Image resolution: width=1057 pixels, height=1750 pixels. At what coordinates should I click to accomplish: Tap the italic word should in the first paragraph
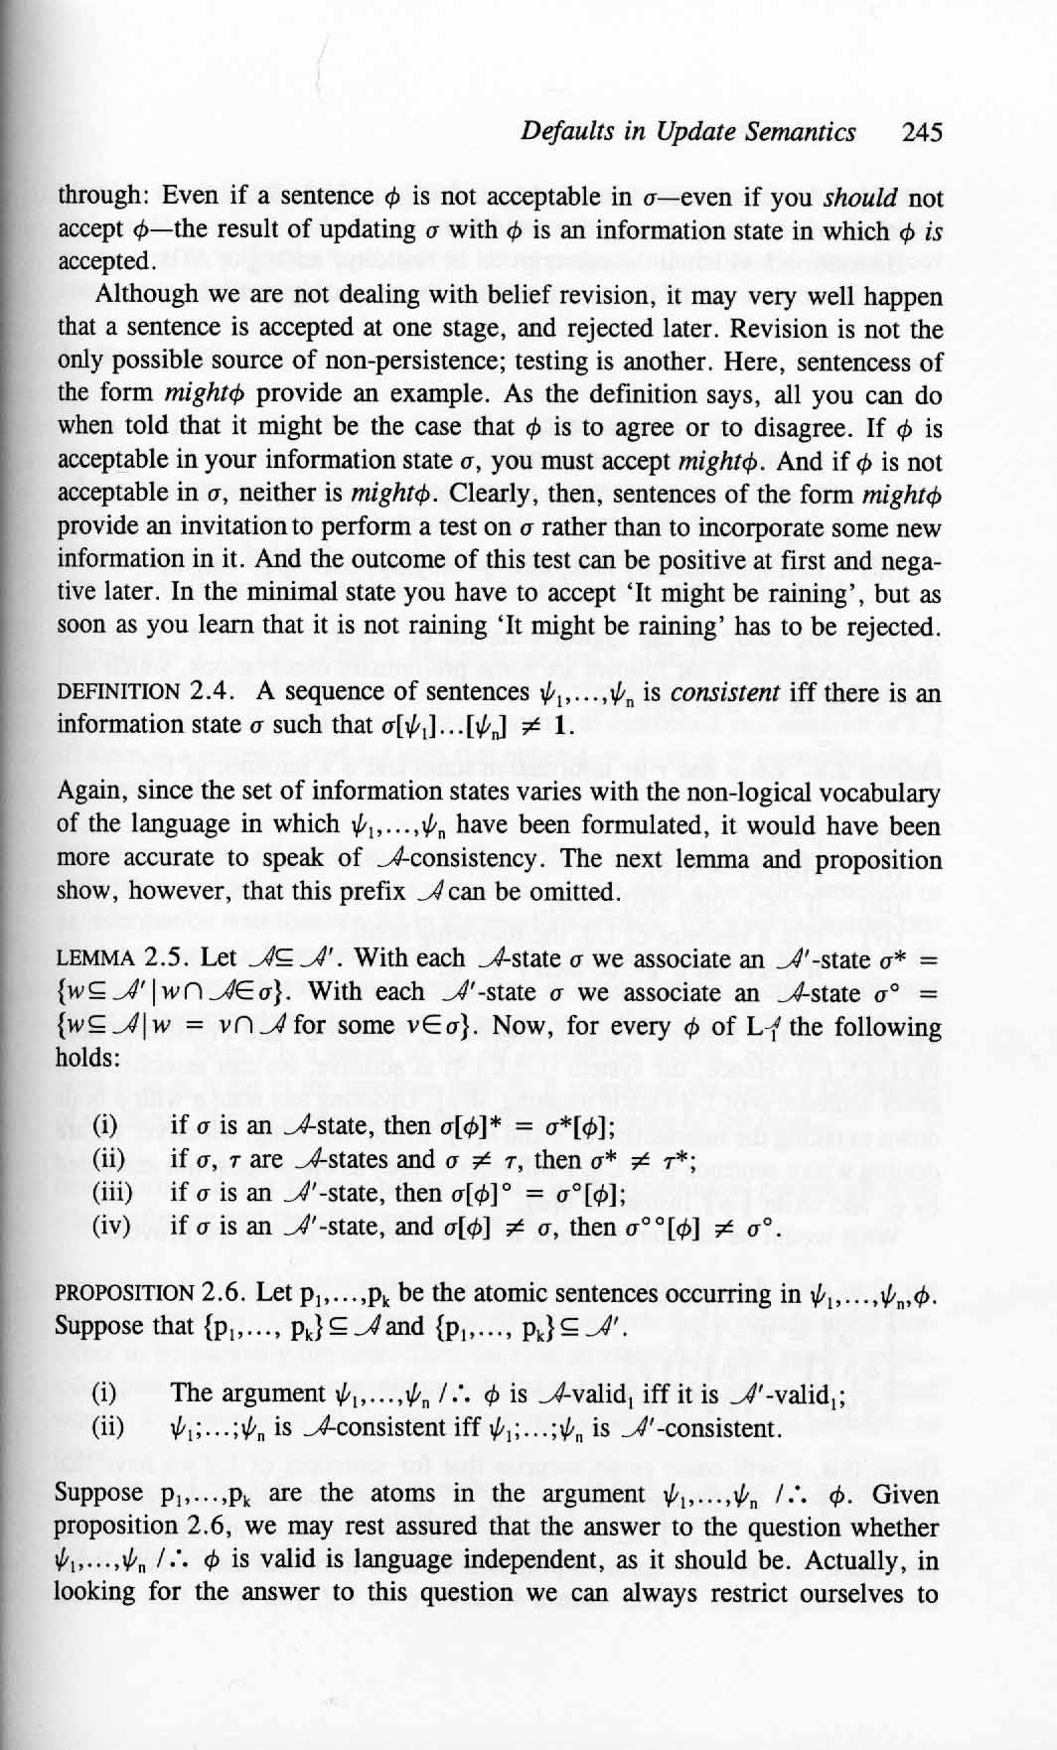coord(861,197)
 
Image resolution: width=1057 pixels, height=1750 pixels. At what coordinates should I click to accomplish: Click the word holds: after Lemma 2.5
coord(88,1057)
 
